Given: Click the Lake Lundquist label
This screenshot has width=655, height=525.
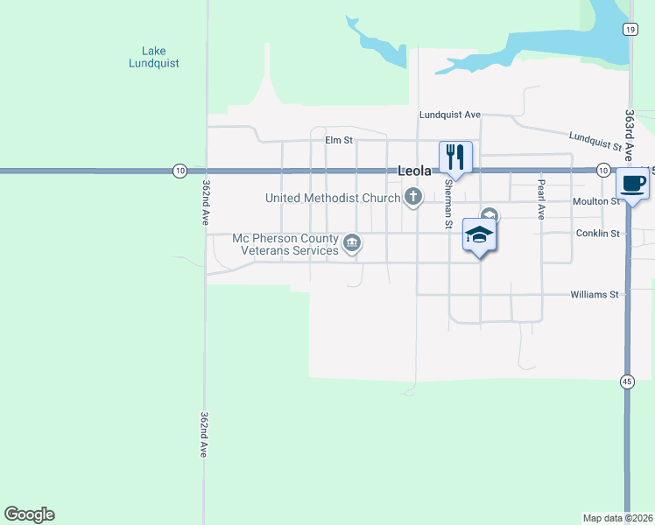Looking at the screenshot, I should pos(153,57).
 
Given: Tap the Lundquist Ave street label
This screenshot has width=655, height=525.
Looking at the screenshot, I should pos(450,115).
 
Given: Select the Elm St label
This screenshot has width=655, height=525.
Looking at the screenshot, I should pos(338,140).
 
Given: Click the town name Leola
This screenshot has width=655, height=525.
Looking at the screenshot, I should pos(415,171).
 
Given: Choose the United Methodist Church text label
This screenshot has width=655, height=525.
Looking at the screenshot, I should pos(332,199).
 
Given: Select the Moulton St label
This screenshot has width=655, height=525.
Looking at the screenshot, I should pos(596,201).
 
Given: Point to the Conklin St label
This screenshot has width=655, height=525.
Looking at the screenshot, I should pos(598,234).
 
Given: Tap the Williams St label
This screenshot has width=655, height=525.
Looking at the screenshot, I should pos(595,295).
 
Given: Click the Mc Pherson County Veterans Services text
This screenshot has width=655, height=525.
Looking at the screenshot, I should pos(285,244).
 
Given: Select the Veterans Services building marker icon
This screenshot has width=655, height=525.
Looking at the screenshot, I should pos(351,244).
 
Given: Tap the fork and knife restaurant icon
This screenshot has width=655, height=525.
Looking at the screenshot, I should pos(455,157).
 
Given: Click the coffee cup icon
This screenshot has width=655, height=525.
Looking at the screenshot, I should pos(633,184).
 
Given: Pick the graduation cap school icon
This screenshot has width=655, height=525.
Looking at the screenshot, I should pos(479,235).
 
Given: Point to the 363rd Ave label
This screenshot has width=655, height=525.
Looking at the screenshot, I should pos(630,131).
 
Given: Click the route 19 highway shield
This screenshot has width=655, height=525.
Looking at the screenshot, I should pos(630,29).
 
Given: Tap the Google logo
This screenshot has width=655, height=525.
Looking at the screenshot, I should pos(30,514).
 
